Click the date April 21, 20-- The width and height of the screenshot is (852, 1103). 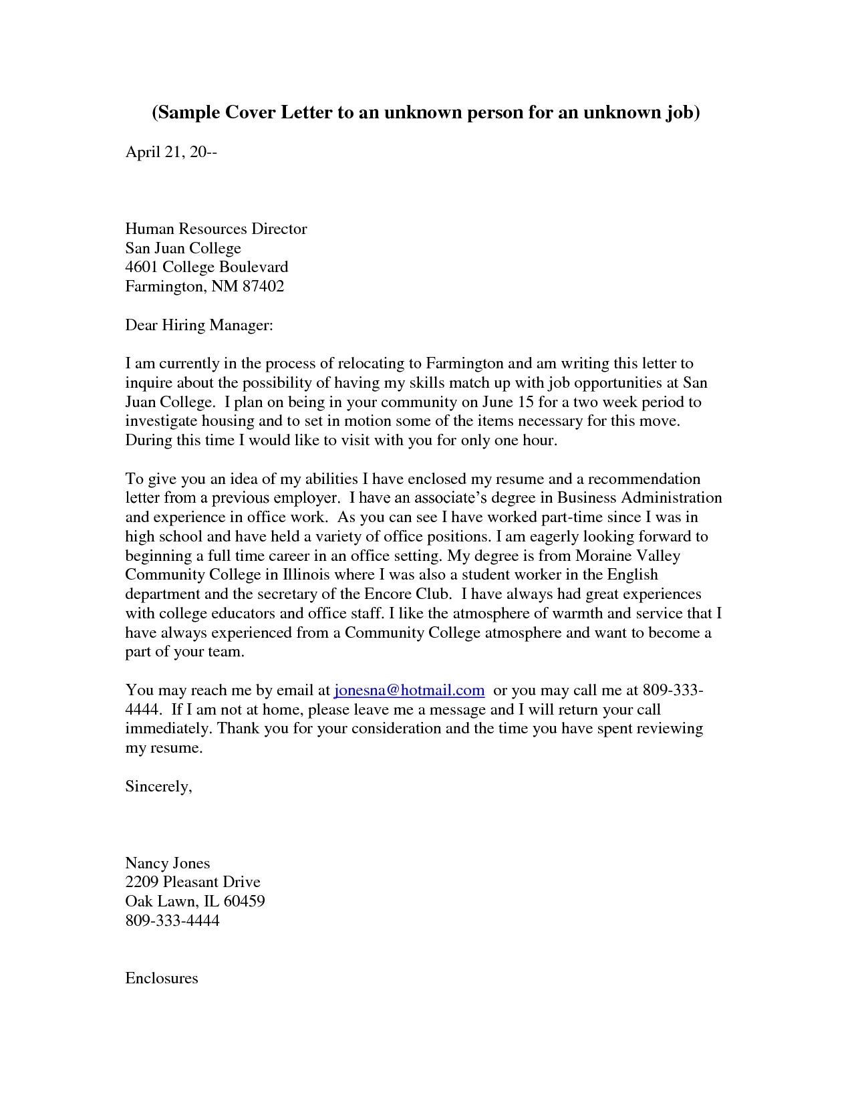(171, 152)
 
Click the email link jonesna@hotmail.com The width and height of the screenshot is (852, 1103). (408, 690)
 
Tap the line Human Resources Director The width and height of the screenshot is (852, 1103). (216, 229)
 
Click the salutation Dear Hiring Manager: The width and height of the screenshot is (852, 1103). (199, 326)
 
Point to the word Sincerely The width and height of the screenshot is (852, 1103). (158, 786)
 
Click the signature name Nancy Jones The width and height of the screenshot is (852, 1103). (167, 863)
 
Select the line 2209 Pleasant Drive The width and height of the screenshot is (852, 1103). (192, 882)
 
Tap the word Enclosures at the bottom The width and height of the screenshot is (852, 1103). (162, 978)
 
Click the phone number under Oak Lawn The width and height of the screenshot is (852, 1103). (172, 921)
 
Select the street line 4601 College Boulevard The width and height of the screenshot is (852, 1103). (206, 267)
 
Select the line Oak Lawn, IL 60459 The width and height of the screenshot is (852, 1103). (194, 901)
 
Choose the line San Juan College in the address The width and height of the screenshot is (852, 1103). (182, 248)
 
